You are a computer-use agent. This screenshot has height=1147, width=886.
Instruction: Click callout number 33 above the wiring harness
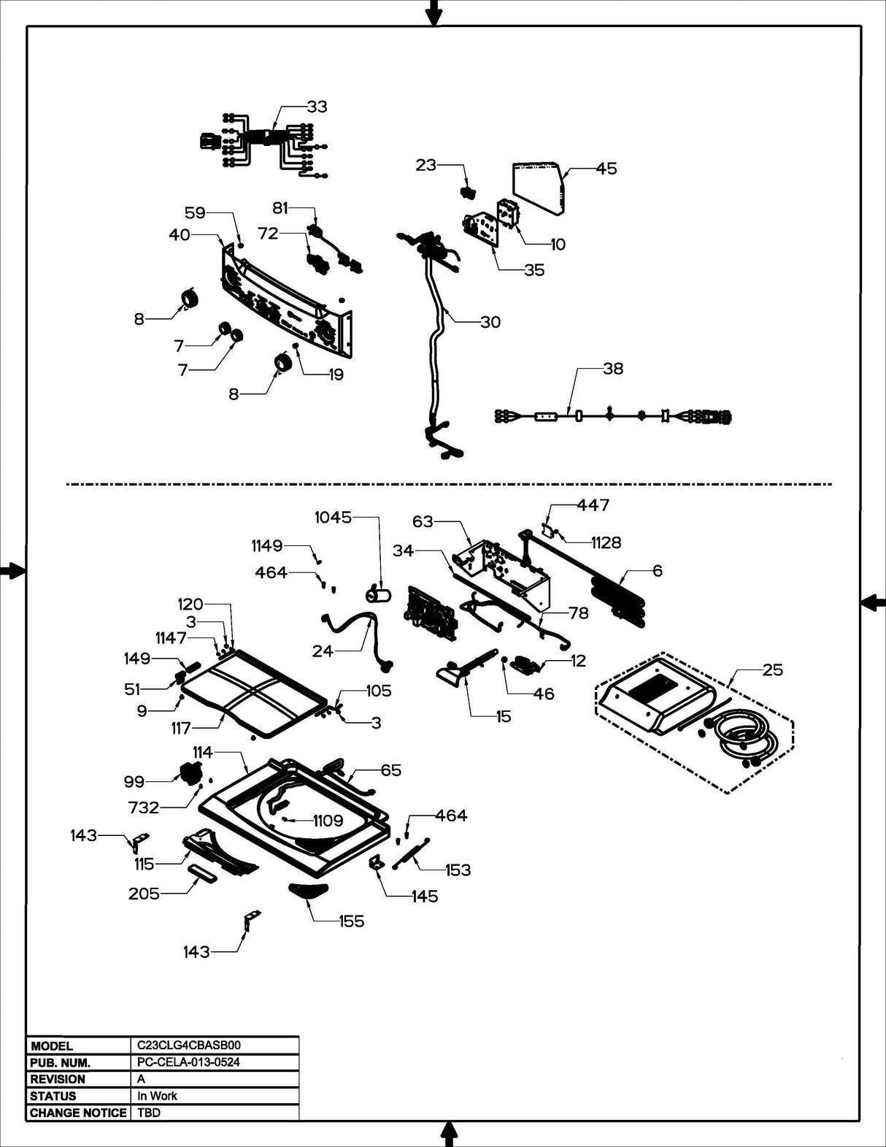click(317, 107)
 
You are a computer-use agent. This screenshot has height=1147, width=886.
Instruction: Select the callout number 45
click(606, 169)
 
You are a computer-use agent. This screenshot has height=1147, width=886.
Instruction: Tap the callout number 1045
click(333, 518)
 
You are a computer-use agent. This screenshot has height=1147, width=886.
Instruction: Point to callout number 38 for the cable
click(612, 369)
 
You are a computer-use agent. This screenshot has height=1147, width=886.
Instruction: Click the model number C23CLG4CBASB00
click(188, 1046)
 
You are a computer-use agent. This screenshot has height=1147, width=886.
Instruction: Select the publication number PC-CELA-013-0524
click(188, 1062)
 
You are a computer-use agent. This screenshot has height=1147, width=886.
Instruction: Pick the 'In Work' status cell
click(157, 1096)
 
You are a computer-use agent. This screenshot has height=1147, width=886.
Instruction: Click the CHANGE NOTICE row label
click(77, 1113)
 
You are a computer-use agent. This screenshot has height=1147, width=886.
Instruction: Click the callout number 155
click(351, 921)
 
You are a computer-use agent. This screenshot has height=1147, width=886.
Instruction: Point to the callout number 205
click(144, 894)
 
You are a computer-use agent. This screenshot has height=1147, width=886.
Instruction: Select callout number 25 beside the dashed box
click(772, 670)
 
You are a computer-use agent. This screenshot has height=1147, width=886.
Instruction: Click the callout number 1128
click(606, 542)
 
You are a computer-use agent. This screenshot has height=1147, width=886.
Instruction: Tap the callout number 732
click(143, 807)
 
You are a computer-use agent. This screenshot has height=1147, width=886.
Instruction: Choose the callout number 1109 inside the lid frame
click(328, 821)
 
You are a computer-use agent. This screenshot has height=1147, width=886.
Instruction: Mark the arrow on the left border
click(12, 571)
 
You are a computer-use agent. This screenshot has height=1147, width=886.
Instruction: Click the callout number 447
click(593, 505)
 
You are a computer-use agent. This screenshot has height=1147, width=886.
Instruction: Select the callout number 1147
click(171, 638)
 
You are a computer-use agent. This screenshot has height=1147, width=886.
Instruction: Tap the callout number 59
click(195, 213)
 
